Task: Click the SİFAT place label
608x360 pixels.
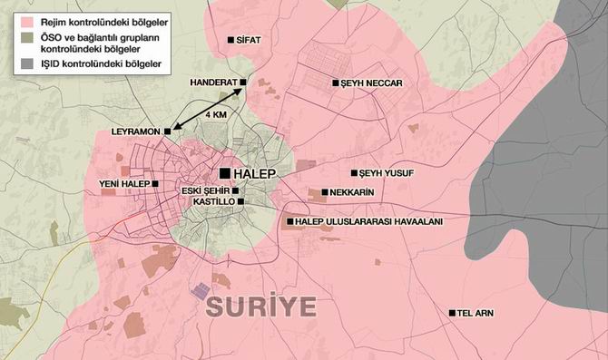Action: (252, 41)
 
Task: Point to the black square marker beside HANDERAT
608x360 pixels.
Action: (243, 82)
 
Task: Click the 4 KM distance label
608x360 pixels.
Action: (217, 115)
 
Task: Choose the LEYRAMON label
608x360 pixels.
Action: (134, 131)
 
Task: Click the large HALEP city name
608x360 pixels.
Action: (254, 171)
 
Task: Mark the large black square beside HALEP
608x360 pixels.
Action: (224, 171)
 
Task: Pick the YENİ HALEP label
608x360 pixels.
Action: (124, 183)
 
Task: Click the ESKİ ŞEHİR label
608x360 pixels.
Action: (205, 190)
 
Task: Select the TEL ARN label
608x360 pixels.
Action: (476, 313)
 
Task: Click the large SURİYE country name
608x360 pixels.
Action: (260, 306)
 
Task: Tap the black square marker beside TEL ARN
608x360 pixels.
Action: (452, 313)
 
